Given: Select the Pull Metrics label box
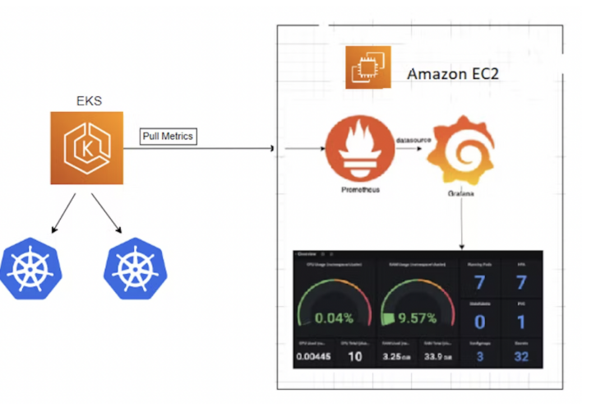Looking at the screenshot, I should tap(167, 135).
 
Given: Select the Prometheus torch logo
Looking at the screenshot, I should tap(354, 151).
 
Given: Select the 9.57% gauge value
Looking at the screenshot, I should tap(419, 318).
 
